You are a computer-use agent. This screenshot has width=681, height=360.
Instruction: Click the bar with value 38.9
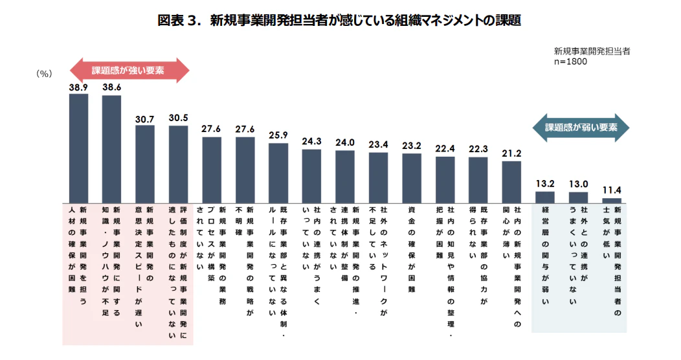coord(78,148)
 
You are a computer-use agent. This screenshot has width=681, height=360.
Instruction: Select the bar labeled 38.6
coord(112,149)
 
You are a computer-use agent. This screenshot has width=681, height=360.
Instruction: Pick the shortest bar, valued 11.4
coord(612,201)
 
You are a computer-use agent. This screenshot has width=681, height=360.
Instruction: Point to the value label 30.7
coord(145,119)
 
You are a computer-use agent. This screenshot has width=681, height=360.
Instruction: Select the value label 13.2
coord(545,184)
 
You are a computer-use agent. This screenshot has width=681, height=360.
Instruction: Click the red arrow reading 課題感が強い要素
coord(129,70)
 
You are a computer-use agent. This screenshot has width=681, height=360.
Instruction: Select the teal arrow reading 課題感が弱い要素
coord(581,128)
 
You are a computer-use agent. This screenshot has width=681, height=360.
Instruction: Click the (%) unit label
coord(44,74)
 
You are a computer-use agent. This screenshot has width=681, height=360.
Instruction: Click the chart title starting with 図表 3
coord(340,20)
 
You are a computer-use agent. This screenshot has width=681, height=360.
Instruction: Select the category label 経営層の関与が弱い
coord(545,256)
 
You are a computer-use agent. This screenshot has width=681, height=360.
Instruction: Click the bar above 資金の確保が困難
coord(412,178)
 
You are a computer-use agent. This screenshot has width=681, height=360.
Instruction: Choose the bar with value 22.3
coord(478,180)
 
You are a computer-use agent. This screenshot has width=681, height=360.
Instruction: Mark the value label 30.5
coord(179,118)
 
